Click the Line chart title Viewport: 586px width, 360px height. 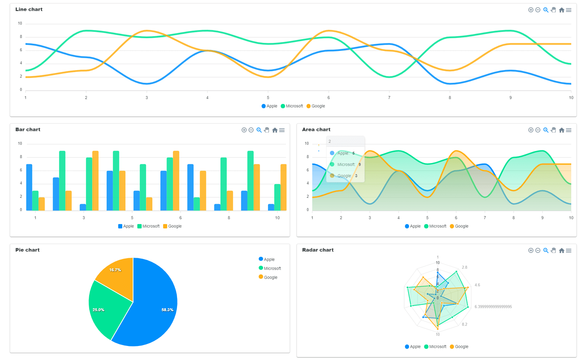29,9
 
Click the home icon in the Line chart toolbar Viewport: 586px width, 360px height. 561,10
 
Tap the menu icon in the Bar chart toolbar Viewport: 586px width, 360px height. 282,130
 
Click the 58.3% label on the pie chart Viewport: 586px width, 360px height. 167,310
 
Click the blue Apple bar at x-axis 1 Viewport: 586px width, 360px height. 29,187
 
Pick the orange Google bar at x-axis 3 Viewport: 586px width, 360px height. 95,180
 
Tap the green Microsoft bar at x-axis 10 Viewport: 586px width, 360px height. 277,197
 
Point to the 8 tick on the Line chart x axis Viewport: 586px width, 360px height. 450,98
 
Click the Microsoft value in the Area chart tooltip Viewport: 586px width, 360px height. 359,164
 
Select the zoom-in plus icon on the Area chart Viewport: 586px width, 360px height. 531,130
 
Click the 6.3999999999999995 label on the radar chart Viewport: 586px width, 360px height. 493,307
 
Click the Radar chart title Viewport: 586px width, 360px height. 318,250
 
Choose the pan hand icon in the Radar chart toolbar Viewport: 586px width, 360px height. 553,250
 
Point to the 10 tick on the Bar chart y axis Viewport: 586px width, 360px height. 20,143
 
